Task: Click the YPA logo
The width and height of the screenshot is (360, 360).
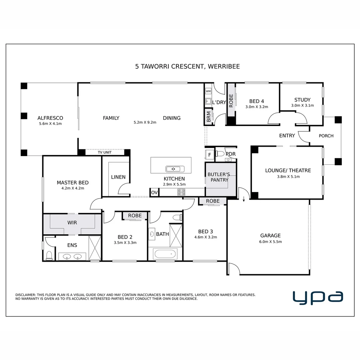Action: (318, 298)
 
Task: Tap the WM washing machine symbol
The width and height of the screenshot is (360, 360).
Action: (208, 91)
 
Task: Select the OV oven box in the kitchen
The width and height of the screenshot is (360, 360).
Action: (154, 192)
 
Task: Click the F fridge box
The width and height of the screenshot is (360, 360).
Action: (209, 155)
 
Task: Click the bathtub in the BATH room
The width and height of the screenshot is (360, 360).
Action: (165, 254)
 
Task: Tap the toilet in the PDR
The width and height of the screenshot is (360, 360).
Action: (220, 154)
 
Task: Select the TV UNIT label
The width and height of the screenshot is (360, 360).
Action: (105, 152)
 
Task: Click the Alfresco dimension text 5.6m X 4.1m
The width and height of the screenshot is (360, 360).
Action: (50, 124)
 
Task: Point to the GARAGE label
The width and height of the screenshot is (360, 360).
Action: (270, 236)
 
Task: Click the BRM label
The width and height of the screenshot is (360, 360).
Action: (209, 117)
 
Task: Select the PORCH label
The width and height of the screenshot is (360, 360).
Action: (326, 136)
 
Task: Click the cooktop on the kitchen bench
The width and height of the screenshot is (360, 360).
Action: (181, 192)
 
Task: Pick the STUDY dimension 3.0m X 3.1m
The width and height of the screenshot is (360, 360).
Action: (302, 106)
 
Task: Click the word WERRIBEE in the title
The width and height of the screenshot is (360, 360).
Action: (224, 67)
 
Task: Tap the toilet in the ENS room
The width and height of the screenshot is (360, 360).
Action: (49, 256)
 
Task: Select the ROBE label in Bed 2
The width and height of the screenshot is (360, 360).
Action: (135, 216)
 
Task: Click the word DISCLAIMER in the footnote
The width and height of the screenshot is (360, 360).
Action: (26, 295)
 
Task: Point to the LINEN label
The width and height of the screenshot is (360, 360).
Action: (118, 177)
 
